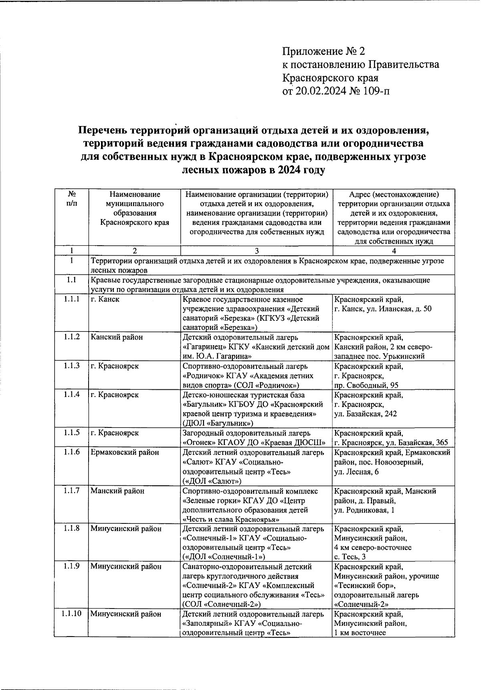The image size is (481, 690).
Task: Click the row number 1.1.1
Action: pos(71,299)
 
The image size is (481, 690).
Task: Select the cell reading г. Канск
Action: pos(105,299)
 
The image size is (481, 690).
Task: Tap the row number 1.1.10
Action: pos(71,614)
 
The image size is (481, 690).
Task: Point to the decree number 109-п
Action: pos(375,92)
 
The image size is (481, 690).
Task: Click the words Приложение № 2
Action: pos(324,51)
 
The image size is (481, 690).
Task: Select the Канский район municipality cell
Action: pos(117,337)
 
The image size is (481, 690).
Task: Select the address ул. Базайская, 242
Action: pos(366,414)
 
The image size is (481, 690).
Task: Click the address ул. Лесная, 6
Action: pos(357,472)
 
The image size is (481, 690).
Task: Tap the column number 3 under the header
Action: pos(257,251)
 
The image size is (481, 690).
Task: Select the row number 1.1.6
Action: pos(71,452)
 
